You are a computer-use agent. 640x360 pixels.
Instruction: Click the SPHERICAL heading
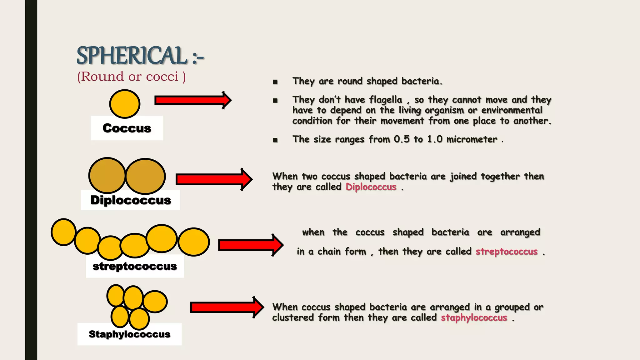(140, 56)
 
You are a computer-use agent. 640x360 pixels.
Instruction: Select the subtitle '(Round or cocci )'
(131, 77)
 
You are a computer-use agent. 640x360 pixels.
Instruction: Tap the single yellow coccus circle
(125, 104)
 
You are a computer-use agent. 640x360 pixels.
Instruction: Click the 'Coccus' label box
(127, 128)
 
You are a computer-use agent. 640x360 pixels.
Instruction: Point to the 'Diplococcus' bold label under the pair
(131, 200)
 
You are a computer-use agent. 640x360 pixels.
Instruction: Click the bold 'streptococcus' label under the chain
(135, 266)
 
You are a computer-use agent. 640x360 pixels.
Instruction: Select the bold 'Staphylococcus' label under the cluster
(129, 334)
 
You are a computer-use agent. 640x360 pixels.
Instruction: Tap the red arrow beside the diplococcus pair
(214, 179)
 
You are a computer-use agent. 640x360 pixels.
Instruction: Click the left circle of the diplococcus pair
(107, 176)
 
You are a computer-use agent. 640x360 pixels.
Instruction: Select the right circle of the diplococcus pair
(146, 176)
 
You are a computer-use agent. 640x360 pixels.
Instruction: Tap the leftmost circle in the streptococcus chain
(63, 232)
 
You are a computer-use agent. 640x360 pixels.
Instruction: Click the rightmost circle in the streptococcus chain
(194, 242)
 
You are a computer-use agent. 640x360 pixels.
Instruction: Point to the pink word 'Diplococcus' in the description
(371, 187)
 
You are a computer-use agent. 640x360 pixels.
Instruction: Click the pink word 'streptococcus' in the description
(507, 252)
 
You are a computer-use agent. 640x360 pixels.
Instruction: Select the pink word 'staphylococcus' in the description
(474, 318)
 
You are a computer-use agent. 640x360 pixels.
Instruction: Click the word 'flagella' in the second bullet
(386, 100)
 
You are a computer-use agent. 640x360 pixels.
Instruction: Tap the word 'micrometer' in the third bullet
(472, 139)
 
